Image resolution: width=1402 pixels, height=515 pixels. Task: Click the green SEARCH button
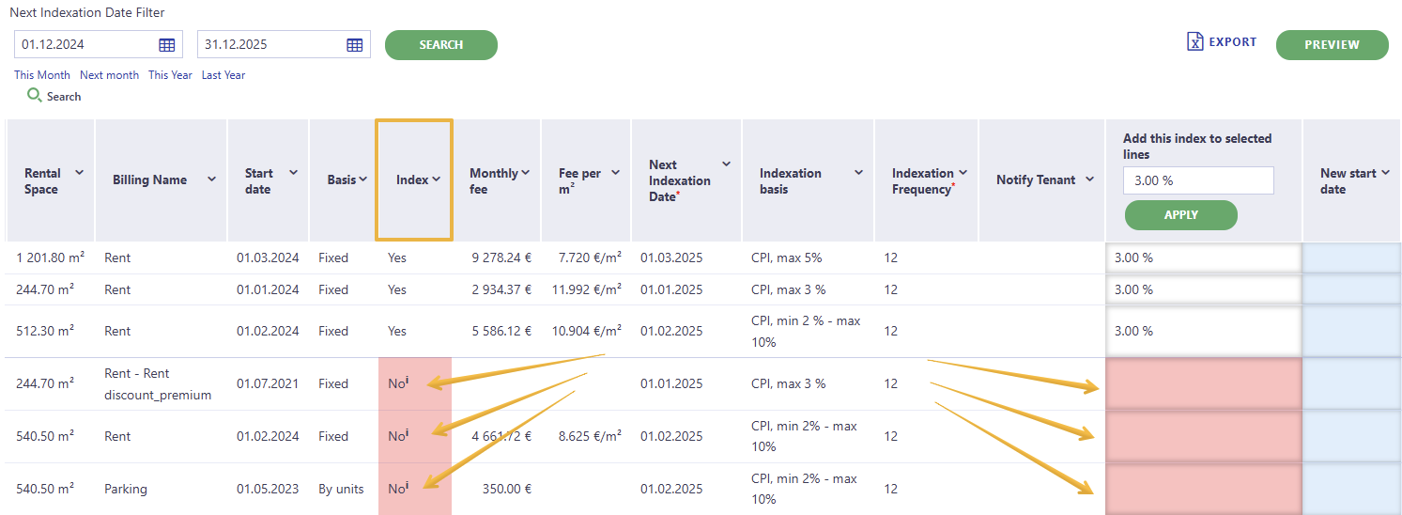click(441, 45)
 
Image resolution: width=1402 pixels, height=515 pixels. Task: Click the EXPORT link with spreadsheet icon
click(1221, 42)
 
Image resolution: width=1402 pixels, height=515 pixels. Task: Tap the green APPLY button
click(1180, 215)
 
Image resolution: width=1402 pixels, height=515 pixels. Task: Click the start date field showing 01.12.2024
click(99, 44)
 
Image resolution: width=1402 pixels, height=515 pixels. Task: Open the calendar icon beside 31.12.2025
click(354, 45)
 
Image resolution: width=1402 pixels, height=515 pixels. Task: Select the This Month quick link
click(42, 75)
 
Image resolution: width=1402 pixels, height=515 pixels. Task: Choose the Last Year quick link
click(223, 75)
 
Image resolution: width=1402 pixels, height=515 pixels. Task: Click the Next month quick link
click(110, 75)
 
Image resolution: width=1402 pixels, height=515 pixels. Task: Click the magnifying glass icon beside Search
click(34, 95)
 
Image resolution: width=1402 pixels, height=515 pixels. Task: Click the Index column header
click(414, 179)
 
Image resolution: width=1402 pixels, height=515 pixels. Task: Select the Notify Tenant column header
click(1042, 179)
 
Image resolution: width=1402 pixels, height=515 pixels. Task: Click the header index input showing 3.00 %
click(1198, 180)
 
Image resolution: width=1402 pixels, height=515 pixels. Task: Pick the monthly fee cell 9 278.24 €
click(501, 257)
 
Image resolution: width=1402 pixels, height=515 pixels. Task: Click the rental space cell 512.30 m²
click(45, 330)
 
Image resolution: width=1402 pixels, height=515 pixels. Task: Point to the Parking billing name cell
click(126, 489)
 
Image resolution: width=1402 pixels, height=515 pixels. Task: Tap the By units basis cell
click(341, 489)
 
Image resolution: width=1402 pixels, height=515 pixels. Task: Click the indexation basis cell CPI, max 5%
click(787, 257)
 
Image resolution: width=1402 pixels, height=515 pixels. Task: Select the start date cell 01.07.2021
click(268, 383)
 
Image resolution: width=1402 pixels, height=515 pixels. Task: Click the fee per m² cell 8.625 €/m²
click(590, 435)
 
